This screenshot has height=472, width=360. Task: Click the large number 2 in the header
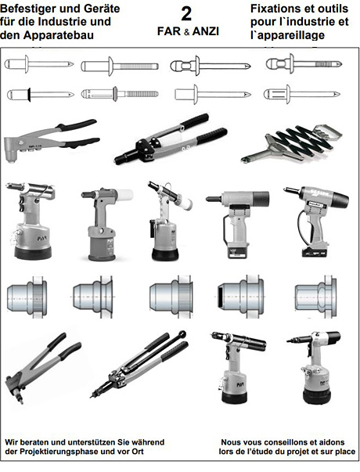tap(186, 13)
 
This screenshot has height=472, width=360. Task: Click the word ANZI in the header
tap(206, 31)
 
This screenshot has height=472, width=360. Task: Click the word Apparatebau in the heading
tap(59, 35)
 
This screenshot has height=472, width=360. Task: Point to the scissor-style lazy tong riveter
tap(291, 144)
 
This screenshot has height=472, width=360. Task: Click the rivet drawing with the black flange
tap(41, 95)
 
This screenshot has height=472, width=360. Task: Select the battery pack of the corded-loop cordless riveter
tap(315, 251)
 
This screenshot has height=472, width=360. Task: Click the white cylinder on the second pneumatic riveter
tap(124, 195)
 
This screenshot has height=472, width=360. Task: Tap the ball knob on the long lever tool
tap(182, 333)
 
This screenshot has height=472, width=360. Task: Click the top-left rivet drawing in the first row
tap(39, 64)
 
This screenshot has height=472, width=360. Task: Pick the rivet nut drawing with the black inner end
tap(240, 297)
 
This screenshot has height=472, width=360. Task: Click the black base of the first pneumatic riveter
tap(33, 253)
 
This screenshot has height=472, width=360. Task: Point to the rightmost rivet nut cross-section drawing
tap(315, 297)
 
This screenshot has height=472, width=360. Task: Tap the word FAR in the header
tap(168, 31)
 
